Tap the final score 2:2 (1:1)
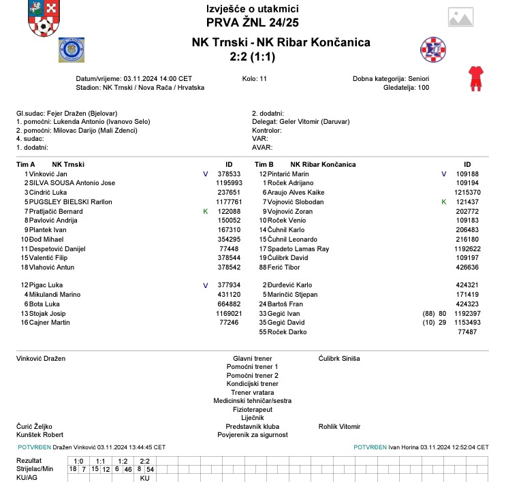(x=252, y=57)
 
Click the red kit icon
(x=474, y=79)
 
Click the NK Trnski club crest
(x=71, y=50)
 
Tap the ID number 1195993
(x=229, y=184)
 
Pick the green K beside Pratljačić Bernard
(x=205, y=212)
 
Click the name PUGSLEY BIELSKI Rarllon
(x=70, y=202)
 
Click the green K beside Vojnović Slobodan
(x=443, y=202)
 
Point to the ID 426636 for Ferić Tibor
(x=467, y=268)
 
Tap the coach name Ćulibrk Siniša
(x=339, y=358)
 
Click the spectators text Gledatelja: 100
(x=404, y=88)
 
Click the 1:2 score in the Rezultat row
(x=123, y=461)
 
